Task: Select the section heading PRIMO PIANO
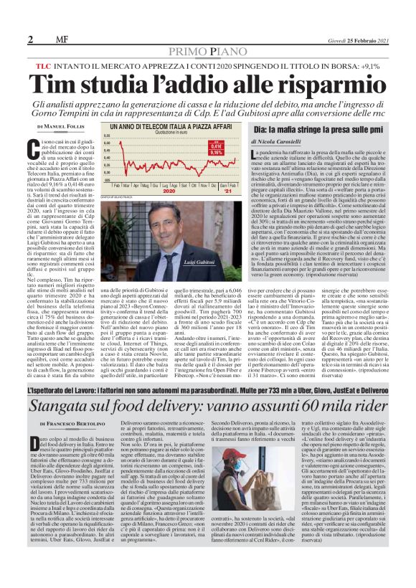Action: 208,51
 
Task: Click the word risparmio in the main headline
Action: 302,84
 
